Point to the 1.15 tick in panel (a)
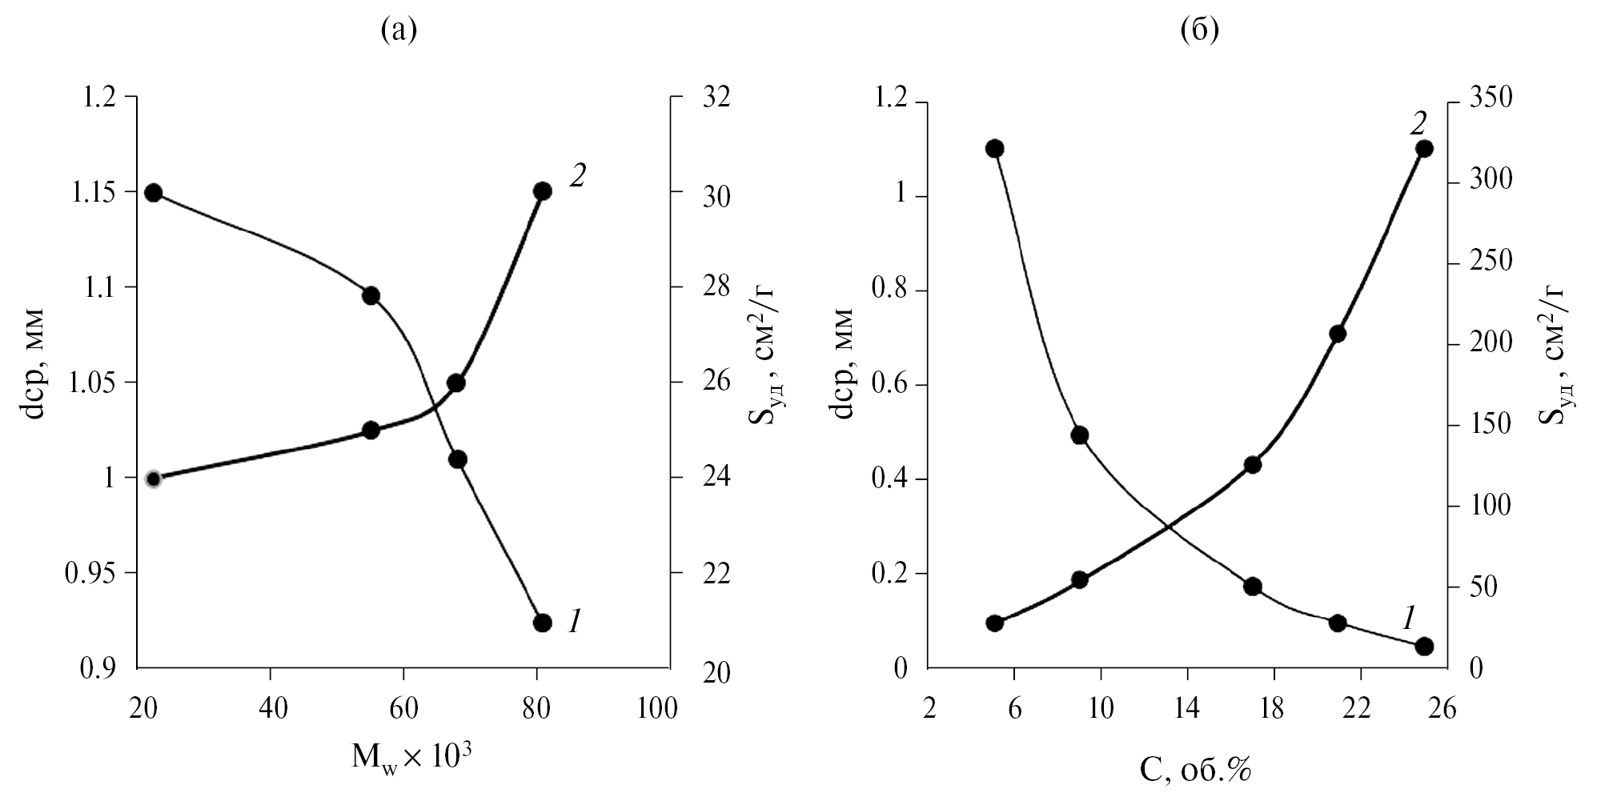104,193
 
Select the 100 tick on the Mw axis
658,709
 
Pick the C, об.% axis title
1194,770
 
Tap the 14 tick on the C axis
1186,709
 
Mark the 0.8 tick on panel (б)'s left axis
890,291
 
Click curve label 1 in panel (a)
574,621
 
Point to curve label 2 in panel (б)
1417,124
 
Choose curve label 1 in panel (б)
1410,617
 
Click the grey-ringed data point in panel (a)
154,479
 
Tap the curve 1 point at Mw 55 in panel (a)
371,296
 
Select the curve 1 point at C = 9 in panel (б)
1079,435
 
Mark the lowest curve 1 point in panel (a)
543,623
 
